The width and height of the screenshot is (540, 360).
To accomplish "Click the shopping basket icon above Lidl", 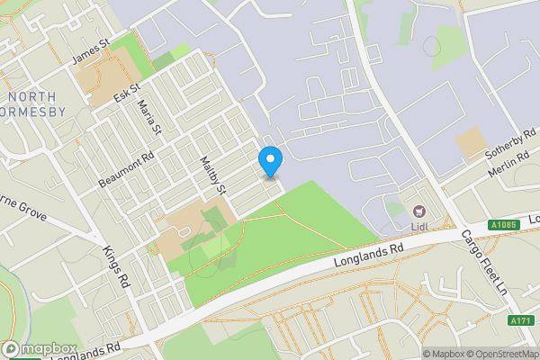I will [419, 212].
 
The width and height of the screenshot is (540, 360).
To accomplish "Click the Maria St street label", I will [149, 118].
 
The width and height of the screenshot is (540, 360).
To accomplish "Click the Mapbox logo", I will [40, 349].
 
